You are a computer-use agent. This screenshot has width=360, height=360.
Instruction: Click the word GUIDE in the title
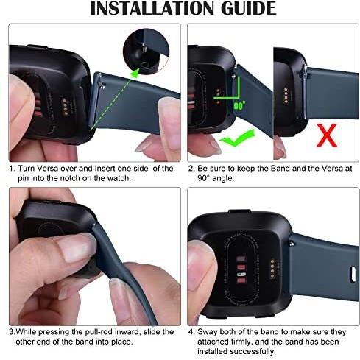pos(249,8)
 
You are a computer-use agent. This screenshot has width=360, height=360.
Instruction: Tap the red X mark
pos(327,135)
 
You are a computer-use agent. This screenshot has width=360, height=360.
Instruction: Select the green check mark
pos(238,138)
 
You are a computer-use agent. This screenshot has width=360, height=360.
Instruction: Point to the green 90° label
pos(239,105)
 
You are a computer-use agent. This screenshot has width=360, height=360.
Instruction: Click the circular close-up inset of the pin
pos(147,52)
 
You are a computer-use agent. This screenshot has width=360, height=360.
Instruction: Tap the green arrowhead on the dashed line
pos(135,73)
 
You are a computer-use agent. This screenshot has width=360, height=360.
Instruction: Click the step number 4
pos(191,332)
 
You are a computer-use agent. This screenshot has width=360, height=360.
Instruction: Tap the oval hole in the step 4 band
pos(353,274)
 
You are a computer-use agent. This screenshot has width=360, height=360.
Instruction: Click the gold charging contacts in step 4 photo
pos(272,269)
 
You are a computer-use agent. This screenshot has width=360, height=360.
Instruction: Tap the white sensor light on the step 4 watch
pos(241,274)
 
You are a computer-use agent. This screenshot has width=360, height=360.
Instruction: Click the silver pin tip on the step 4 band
pos(292,244)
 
